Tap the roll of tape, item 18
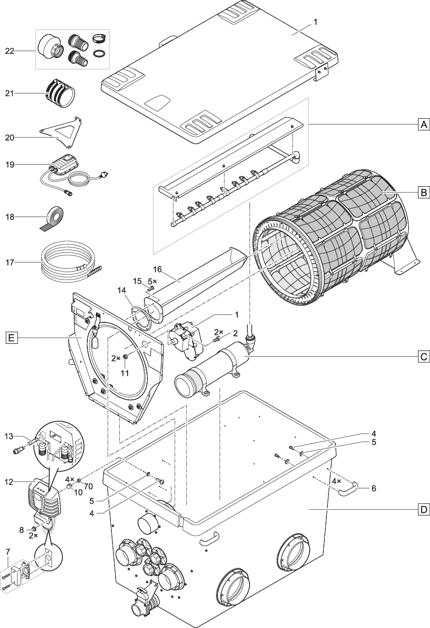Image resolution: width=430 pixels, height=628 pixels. coord(54,215)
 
